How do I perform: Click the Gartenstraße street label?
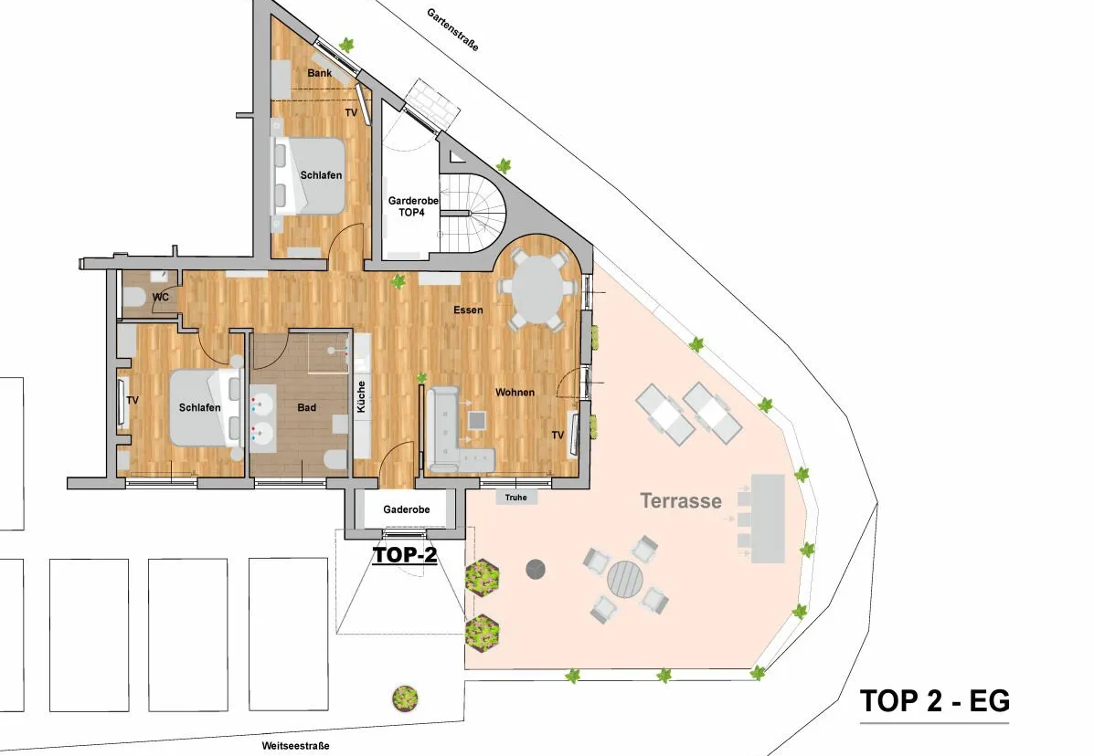[452, 30]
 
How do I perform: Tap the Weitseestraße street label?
[296, 746]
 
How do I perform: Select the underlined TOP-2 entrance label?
[405, 554]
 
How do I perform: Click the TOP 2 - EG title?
[934, 701]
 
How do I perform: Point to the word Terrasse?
[681, 500]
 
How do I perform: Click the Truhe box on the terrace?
[516, 498]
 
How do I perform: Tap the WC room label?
[161, 298]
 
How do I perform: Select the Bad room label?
[307, 407]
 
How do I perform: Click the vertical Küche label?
[361, 396]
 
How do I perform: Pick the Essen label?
[468, 310]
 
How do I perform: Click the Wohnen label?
[515, 393]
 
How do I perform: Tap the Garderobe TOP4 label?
[413, 206]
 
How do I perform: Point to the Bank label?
[320, 73]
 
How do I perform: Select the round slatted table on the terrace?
[626, 578]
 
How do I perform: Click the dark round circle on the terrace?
[536, 570]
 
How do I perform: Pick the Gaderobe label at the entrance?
[406, 509]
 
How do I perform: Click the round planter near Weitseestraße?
[405, 698]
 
